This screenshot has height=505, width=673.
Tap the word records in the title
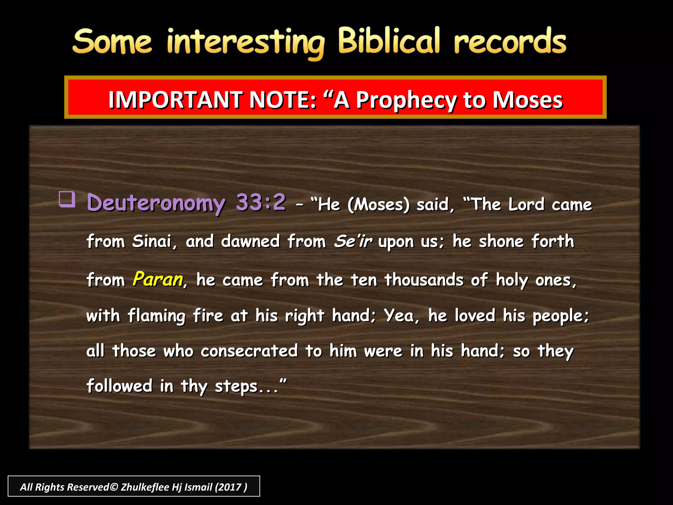click(x=510, y=42)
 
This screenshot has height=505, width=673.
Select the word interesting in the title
click(x=245, y=43)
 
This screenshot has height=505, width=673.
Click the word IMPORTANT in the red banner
click(x=175, y=100)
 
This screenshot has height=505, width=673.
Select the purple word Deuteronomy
click(x=156, y=203)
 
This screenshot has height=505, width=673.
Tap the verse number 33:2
click(x=261, y=202)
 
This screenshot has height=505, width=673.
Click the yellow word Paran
click(x=158, y=279)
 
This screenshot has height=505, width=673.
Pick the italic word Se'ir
click(x=353, y=241)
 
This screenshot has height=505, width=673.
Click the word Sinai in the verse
click(x=152, y=241)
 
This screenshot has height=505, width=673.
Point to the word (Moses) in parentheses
click(x=379, y=204)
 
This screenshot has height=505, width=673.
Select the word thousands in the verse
click(x=424, y=280)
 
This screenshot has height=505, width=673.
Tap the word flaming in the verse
click(x=156, y=316)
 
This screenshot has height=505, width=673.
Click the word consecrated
click(x=249, y=351)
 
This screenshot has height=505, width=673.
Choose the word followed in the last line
click(x=120, y=386)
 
